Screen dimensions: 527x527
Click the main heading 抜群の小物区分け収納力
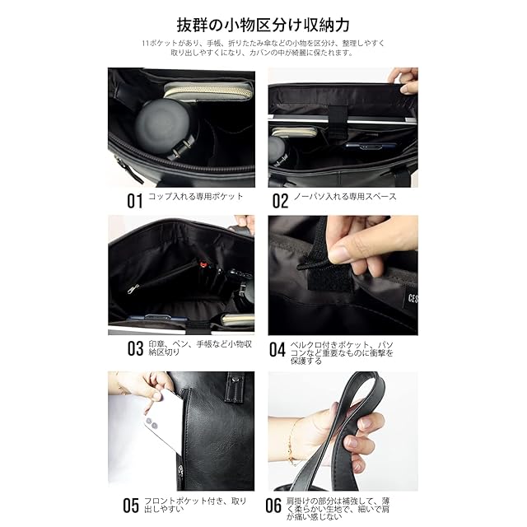[263, 25]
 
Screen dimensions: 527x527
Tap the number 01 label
[135, 201]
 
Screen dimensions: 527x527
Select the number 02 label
[280, 201]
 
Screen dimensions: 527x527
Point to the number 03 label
[135, 348]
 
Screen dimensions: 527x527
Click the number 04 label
[277, 349]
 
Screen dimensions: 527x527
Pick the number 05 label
[131, 505]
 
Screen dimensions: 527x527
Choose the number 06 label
[273, 505]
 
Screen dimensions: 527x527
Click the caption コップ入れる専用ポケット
[196, 197]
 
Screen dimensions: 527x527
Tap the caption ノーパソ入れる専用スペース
[345, 197]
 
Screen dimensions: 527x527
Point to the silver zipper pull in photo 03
[133, 288]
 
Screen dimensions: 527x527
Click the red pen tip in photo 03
[203, 265]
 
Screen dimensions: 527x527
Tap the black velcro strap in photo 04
[328, 276]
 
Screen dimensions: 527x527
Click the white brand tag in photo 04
[411, 298]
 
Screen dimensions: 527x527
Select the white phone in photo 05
[161, 420]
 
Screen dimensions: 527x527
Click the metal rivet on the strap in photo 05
[238, 379]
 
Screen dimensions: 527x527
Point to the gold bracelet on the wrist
[292, 442]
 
